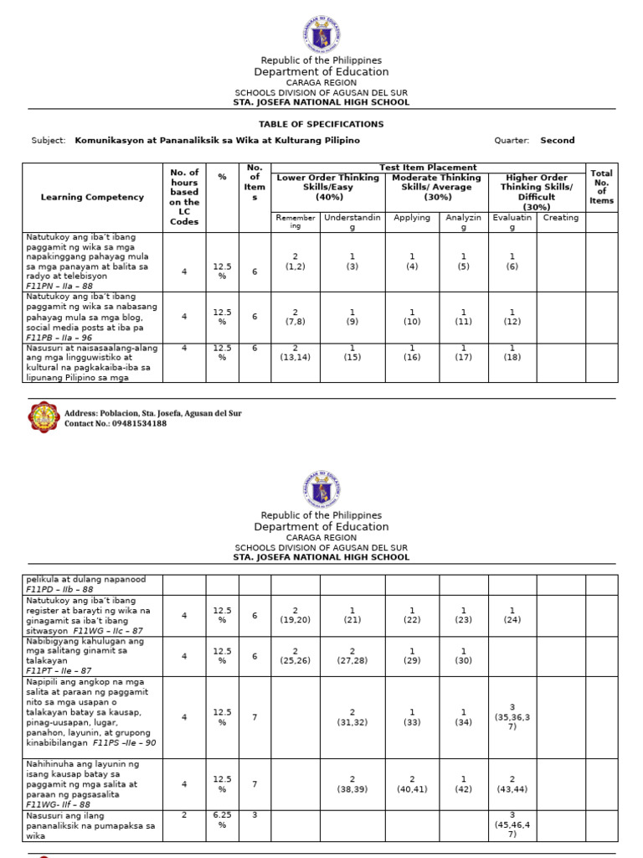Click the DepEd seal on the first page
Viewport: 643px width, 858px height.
pyautogui.click(x=321, y=34)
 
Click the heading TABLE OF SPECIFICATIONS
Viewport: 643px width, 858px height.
pyautogui.click(x=321, y=124)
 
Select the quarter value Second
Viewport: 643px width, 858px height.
pyautogui.click(x=557, y=141)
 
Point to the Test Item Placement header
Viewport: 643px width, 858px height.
pyautogui.click(x=428, y=168)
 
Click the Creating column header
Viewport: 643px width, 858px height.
pyautogui.click(x=560, y=218)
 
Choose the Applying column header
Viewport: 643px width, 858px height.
pyautogui.click(x=412, y=218)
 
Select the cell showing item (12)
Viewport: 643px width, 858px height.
pyautogui.click(x=512, y=317)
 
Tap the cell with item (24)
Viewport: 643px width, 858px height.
pyautogui.click(x=512, y=615)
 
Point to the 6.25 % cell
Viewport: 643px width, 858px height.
pyautogui.click(x=222, y=824)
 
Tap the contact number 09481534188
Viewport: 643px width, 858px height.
pyautogui.click(x=133, y=424)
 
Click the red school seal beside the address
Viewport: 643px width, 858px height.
pyautogui.click(x=44, y=417)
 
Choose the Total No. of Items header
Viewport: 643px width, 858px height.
pyautogui.click(x=601, y=187)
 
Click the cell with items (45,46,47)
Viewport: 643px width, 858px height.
pyautogui.click(x=512, y=825)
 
